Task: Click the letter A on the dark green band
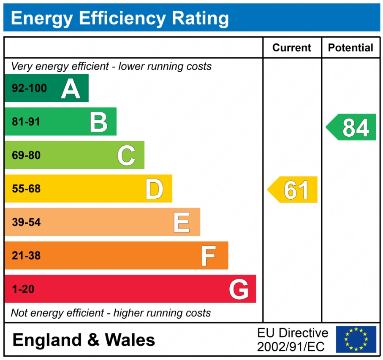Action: (71, 89)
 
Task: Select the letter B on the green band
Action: (99, 122)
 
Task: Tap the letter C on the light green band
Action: (126, 155)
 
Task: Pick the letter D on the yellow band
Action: (154, 189)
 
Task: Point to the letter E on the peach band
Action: (182, 222)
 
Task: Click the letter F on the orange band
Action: (209, 256)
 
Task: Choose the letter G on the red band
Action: (239, 290)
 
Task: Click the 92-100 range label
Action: (29, 89)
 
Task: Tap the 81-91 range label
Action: (26, 122)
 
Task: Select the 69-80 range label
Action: (26, 155)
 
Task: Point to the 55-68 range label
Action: (26, 189)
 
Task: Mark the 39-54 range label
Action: (26, 222)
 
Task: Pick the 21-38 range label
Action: (26, 256)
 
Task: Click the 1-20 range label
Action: (23, 290)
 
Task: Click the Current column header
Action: (292, 48)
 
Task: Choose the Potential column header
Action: (350, 48)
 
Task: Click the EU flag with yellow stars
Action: (356, 339)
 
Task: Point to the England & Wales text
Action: (84, 340)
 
